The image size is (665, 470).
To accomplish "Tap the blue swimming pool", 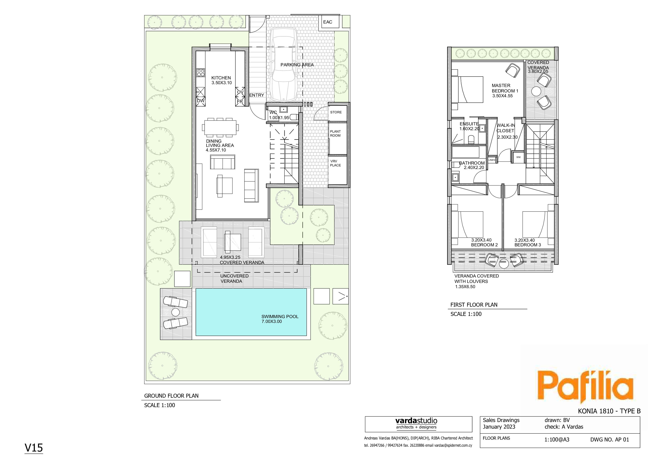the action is tap(251, 312).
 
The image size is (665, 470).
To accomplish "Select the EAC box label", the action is tap(328, 22).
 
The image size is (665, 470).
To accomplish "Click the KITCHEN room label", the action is tap(221, 78).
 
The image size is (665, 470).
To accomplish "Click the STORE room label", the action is tap(336, 112).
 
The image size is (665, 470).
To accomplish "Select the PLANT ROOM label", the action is tap(335, 133).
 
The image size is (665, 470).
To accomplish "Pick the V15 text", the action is tap(34, 448).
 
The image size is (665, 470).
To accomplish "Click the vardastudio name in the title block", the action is tap(416, 421).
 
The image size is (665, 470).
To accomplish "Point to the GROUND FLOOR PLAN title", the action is tap(171, 396).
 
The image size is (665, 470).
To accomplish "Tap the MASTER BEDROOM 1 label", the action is tap(505, 88).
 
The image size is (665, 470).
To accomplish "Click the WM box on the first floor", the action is tap(518, 157).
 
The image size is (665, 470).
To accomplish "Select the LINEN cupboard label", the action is tap(492, 160).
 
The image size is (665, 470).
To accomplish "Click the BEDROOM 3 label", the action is tap(528, 245).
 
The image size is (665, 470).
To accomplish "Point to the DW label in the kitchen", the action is tap(201, 101).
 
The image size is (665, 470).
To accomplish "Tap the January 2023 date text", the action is tap(499, 427).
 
